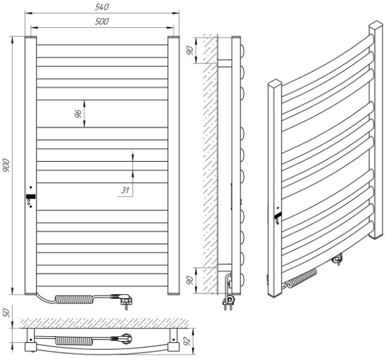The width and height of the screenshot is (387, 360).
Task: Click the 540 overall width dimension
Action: [102, 7]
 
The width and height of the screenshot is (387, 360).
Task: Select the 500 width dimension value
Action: [102, 21]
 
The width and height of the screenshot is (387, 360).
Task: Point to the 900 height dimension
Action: [6, 166]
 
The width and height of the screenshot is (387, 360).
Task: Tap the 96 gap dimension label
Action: [78, 113]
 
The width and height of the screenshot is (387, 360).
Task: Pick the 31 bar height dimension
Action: [125, 190]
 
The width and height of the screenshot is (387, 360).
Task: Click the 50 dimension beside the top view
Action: [6, 313]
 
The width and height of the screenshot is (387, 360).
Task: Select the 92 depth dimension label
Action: [187, 340]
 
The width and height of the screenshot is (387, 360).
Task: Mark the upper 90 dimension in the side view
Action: [190, 51]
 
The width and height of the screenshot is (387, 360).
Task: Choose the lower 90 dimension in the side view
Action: [190, 281]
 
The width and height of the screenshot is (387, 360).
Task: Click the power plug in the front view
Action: [123, 300]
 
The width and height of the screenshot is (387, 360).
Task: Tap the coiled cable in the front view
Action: [74, 300]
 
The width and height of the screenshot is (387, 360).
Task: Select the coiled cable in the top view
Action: [73, 341]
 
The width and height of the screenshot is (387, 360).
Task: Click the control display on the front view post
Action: [31, 196]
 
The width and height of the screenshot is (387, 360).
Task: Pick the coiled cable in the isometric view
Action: [301, 278]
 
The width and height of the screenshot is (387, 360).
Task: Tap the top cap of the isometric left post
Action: [275, 83]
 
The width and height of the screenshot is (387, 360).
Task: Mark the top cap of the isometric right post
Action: [376, 25]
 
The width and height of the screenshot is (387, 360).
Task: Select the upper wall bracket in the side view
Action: [224, 63]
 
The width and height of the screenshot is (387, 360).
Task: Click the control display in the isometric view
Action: [278, 215]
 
